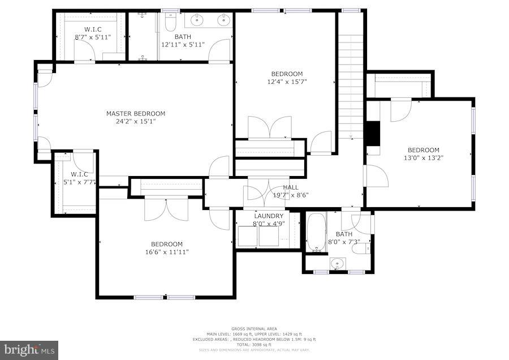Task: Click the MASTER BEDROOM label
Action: click(136, 113)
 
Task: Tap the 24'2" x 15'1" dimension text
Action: click(136, 121)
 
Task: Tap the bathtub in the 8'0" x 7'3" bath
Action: click(316, 232)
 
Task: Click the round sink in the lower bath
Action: click(338, 263)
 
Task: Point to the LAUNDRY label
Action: click(269, 216)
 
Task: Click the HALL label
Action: click(291, 187)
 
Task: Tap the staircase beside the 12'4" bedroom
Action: click(351, 74)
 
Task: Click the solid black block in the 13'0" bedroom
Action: click(372, 134)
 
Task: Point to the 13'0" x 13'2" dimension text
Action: click(423, 158)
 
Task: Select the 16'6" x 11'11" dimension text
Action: click(167, 252)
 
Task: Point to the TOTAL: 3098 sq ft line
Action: click(254, 345)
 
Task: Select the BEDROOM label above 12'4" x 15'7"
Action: click(287, 74)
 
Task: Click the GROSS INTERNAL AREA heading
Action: click(254, 328)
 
